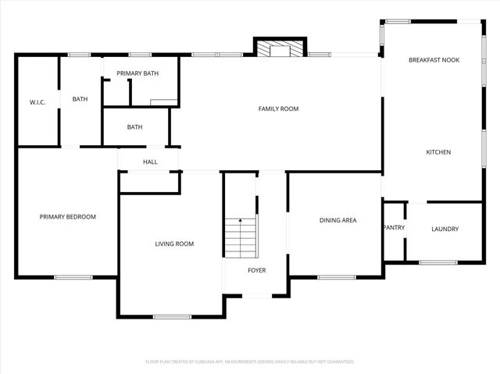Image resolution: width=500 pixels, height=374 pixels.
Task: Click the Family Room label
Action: coord(278,109)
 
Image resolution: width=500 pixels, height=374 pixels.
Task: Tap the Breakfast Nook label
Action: coord(434,59)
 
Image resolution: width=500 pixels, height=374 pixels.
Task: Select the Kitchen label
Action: coord(437,151)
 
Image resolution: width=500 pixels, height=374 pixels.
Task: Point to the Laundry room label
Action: coord(445,229)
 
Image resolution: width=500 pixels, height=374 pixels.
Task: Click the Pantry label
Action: coord(393,228)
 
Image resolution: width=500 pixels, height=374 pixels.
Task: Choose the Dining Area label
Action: coord(337,220)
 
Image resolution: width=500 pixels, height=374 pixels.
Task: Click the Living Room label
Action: coord(173,244)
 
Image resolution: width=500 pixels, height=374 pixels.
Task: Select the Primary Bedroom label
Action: coord(68,216)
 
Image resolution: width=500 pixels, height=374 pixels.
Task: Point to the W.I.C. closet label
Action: coord(38,102)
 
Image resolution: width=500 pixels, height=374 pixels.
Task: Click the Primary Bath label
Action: coord(137,73)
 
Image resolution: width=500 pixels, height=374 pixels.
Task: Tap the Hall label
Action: coord(150,162)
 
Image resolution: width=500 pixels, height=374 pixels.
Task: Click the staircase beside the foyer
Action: coord(241,237)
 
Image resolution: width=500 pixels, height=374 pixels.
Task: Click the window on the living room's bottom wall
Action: coord(172,316)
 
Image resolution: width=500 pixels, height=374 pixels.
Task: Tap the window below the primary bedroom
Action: coord(73,276)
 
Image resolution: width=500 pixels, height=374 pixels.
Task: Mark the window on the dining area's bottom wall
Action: coord(337,276)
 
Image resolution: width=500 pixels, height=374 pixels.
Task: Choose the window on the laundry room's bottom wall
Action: coord(437,262)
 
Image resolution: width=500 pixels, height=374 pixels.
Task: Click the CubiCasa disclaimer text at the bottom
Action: coord(250,362)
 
